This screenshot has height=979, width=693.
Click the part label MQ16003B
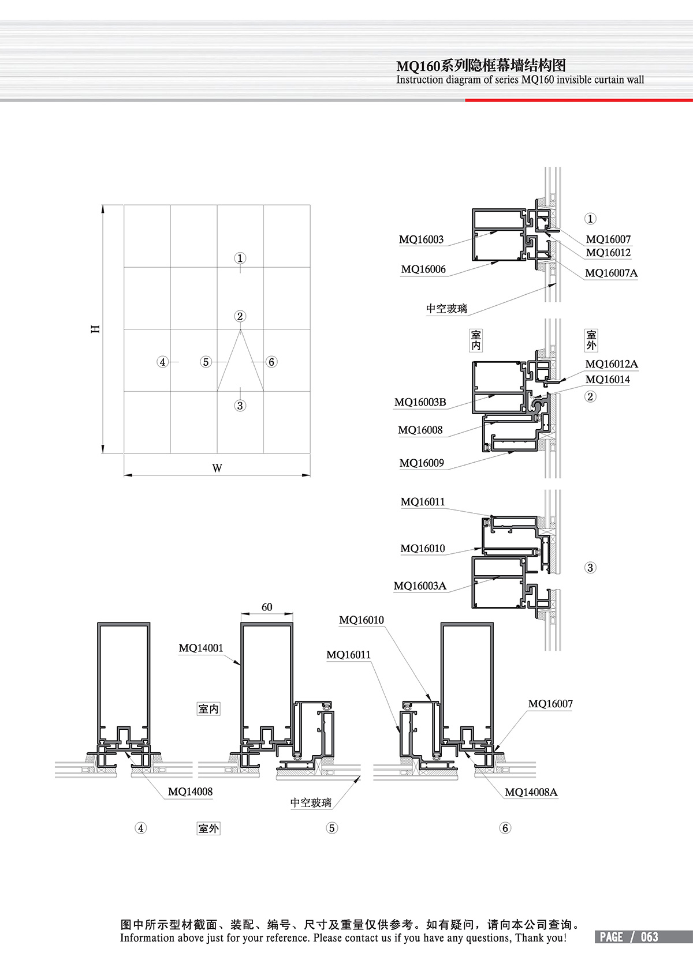point(420,402)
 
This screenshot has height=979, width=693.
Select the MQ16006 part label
point(423,269)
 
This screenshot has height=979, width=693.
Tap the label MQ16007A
point(611,273)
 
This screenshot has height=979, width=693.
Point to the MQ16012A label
point(611,364)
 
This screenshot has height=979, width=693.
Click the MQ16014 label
point(608,379)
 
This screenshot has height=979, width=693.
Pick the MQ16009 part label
point(422,463)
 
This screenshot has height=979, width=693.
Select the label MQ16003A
point(420,586)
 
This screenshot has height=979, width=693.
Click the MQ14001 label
point(200,648)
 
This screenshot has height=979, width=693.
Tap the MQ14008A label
point(531,792)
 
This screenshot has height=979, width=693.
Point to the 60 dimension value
point(267,607)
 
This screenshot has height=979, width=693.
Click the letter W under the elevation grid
point(217,468)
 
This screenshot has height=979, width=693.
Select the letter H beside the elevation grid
point(96,329)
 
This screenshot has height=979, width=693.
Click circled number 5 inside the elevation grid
point(206,362)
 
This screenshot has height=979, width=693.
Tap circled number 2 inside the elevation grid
point(240,316)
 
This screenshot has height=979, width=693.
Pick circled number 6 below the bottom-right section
point(505,828)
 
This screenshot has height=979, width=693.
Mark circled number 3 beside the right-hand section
point(590,568)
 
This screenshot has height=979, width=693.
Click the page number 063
point(649,937)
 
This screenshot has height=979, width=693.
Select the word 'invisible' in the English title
point(573,80)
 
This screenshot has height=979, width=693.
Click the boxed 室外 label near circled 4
point(208,828)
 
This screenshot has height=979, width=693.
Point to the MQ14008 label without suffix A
point(190,792)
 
